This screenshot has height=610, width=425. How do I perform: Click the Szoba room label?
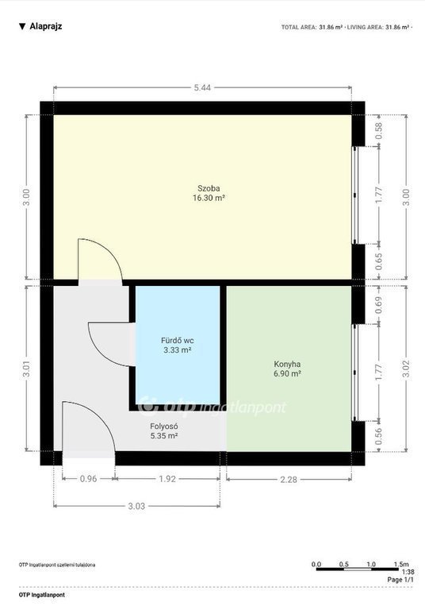(209, 188)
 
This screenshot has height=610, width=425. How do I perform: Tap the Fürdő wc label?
(177, 341)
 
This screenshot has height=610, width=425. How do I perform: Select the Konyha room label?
(287, 365)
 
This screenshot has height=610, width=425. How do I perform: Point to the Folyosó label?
(164, 427)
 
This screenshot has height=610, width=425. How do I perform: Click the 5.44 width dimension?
(202, 88)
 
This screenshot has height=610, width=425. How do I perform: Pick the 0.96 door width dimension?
(88, 479)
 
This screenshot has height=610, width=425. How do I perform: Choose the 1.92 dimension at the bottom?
(167, 479)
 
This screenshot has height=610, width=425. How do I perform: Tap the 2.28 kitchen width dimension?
(289, 480)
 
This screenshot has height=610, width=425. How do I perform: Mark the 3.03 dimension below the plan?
(136, 506)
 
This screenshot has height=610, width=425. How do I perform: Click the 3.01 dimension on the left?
(27, 369)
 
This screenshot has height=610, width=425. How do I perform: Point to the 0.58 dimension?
(379, 131)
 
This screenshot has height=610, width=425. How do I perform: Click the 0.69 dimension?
(379, 305)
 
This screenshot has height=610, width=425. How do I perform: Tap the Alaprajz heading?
(46, 26)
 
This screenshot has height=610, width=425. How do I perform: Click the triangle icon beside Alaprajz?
(22, 26)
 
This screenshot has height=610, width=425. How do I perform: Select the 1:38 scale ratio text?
(408, 572)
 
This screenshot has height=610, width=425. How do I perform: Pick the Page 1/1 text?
(400, 580)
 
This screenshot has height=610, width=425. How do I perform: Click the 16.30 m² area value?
(209, 198)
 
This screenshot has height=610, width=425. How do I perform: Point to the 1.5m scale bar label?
(401, 564)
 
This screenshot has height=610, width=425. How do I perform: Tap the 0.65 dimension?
(379, 261)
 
